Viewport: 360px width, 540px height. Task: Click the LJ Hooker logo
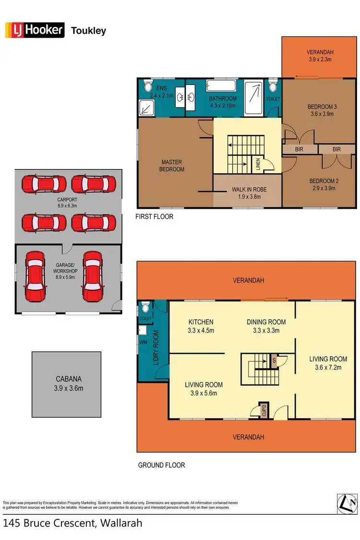coord(35,30)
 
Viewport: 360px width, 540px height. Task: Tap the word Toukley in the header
coord(88,31)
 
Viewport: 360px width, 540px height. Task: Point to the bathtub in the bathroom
coord(222,86)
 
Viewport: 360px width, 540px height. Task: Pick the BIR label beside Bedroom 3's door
coord(299,150)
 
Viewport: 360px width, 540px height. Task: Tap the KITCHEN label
coord(201,322)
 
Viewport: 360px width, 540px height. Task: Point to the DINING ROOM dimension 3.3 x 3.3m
coord(266,330)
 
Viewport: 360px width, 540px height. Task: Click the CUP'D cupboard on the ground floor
coord(264,411)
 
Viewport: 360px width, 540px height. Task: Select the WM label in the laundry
coord(143,342)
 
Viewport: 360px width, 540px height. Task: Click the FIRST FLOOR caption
coord(155,216)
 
